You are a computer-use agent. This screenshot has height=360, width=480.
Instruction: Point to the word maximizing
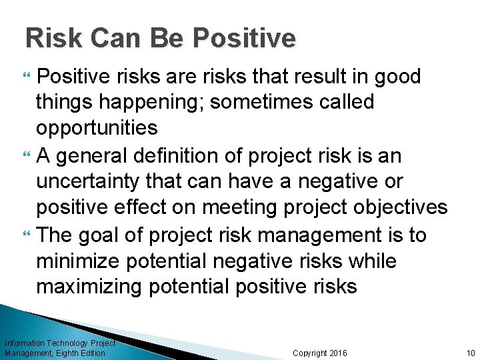coord(89,287)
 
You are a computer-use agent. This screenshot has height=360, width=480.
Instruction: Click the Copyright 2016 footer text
coord(319,353)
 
